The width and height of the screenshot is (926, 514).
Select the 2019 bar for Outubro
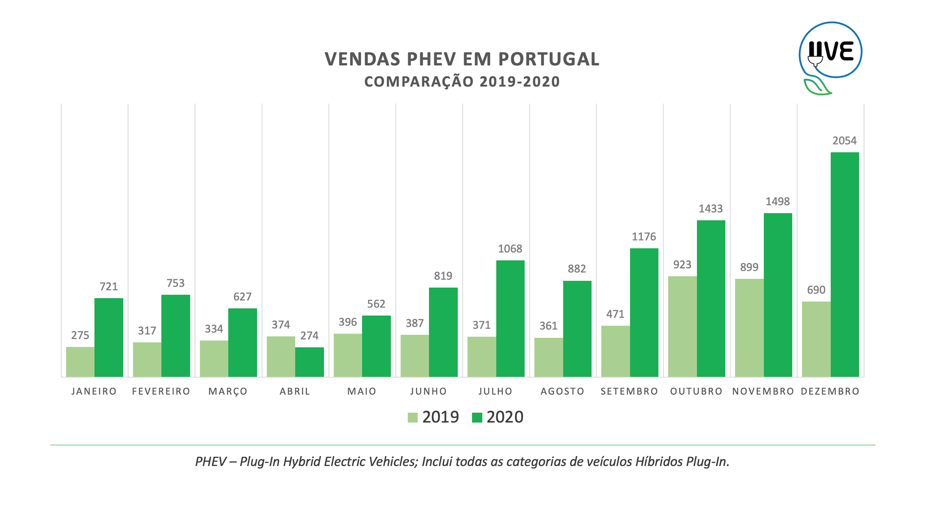pos(682,326)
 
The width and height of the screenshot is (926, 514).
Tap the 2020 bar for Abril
pos(309,362)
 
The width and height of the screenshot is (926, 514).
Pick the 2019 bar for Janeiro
pos(80,362)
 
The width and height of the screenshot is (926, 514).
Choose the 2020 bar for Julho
pos(510,318)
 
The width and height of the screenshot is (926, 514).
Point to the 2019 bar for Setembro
pos(615,351)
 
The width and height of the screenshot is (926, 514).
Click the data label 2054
pos(844,141)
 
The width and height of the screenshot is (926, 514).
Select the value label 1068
pos(510,249)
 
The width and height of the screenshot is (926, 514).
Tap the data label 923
pos(682,264)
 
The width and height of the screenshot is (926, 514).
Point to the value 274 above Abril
pos(309,336)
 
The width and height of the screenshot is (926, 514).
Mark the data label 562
pos(376,304)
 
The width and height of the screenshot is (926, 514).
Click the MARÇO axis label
pos(228,391)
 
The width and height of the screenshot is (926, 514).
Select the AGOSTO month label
pos(562,391)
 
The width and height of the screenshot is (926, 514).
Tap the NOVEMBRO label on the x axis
pos(763,391)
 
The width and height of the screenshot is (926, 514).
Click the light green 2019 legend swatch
pos(412,418)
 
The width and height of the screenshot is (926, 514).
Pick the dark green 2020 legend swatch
pos(477,418)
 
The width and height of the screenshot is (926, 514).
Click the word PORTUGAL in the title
pos(549,59)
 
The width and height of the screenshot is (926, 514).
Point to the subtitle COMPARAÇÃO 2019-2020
pos(462,82)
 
